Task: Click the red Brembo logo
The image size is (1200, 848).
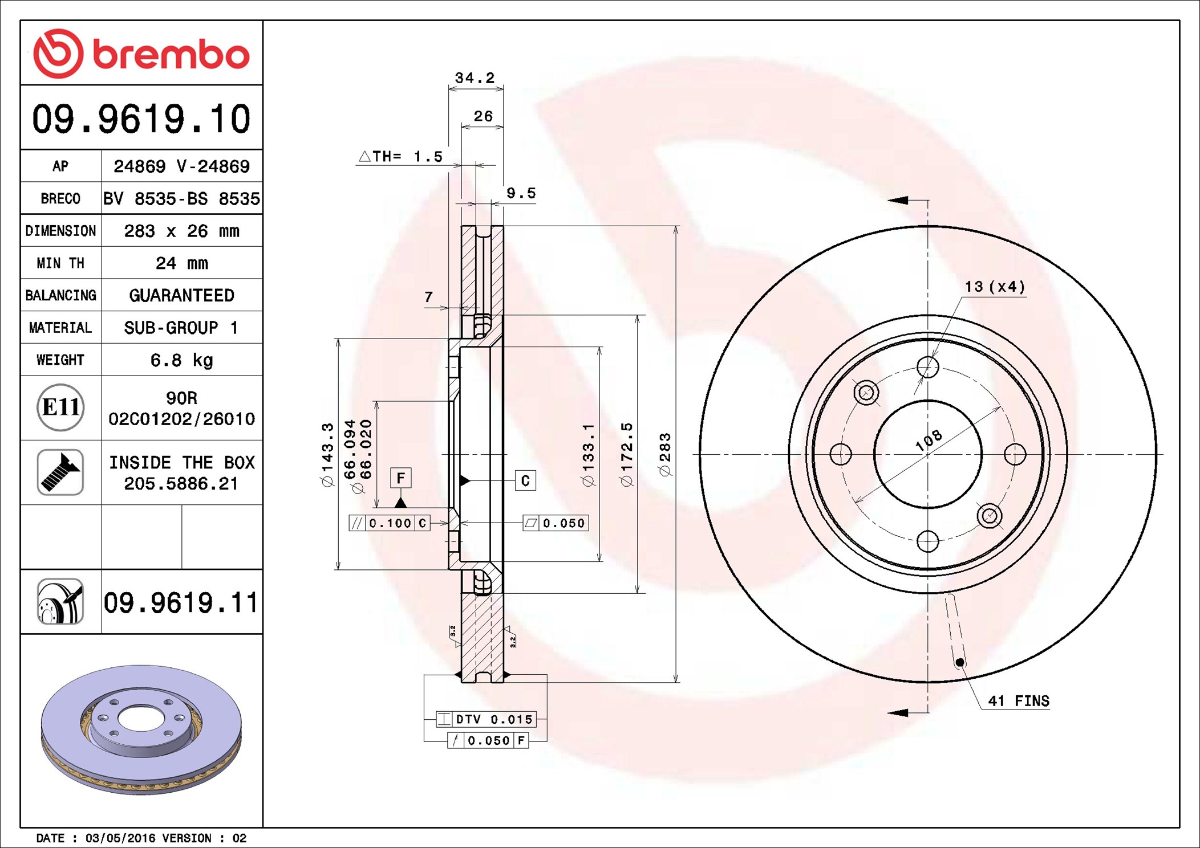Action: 141,54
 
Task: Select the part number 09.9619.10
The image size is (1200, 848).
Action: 141,119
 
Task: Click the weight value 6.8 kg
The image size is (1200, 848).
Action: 181,360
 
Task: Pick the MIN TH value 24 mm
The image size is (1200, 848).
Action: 181,263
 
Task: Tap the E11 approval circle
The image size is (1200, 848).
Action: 60,407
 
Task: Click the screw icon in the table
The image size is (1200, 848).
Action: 60,472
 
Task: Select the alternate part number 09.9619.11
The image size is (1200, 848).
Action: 181,602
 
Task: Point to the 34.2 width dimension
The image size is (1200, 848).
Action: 475,78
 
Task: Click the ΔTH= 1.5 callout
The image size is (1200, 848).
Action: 401,156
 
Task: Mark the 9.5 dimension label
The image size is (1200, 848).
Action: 521,193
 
